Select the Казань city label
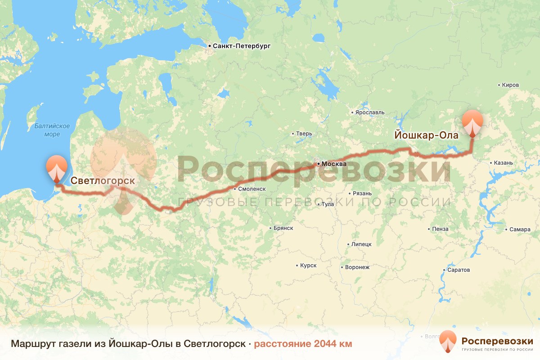503,163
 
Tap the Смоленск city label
252,189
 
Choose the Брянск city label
283,228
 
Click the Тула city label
328,204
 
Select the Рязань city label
362,193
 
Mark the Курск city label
308,265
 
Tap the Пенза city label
440,229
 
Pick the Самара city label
520,229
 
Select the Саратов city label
459,270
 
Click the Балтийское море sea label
52,130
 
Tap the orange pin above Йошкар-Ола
472,122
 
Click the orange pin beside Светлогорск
57,168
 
